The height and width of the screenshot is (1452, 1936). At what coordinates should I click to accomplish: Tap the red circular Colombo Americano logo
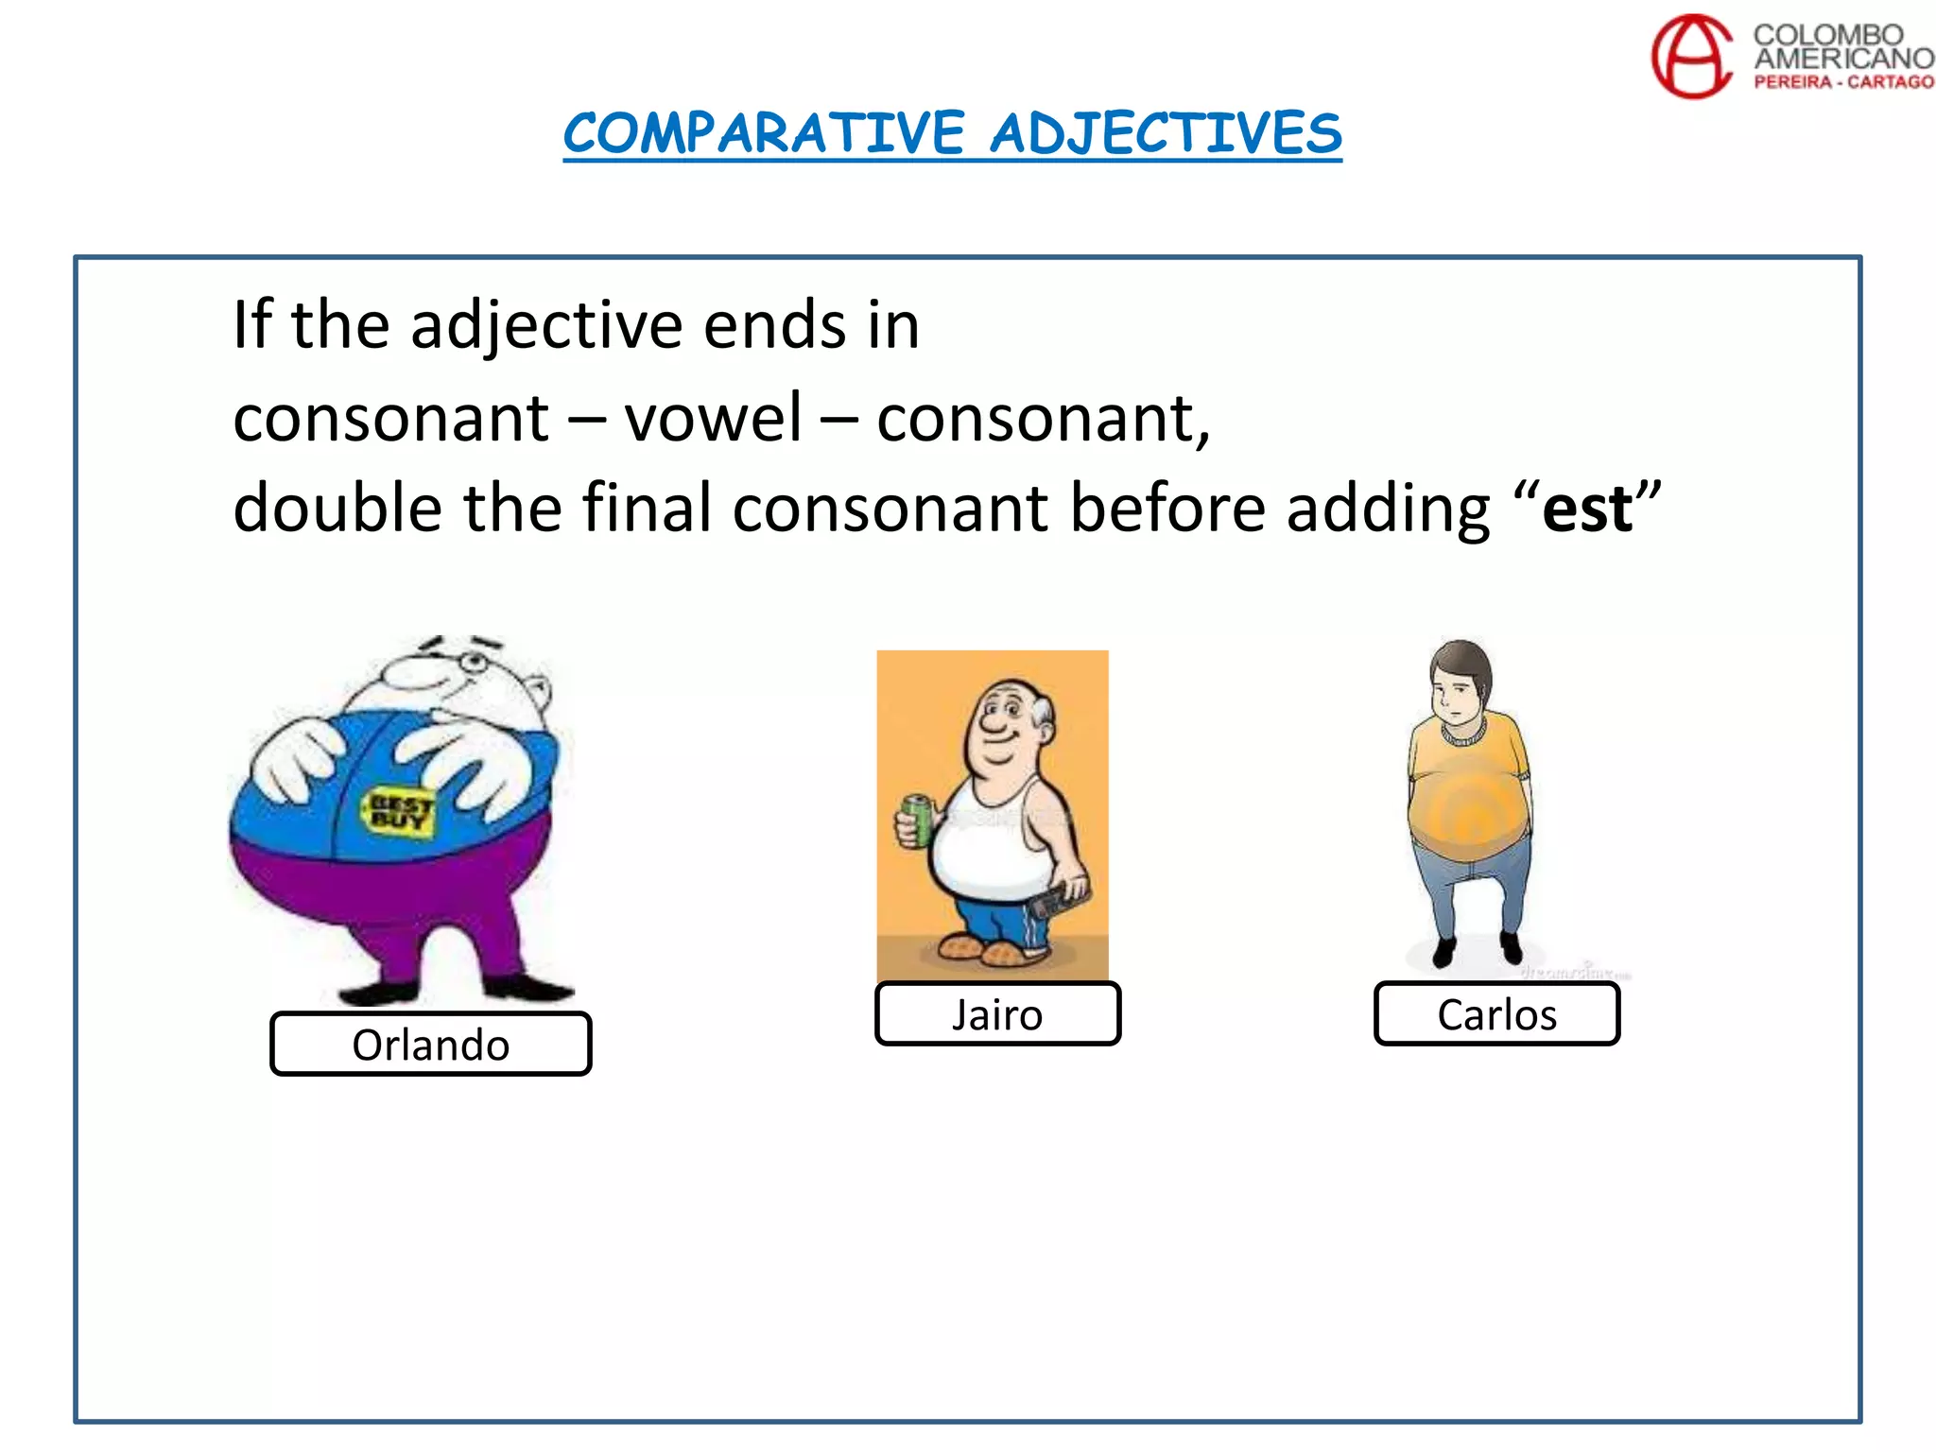(1692, 57)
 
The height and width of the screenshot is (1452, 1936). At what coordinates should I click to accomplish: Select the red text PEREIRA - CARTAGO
(1843, 82)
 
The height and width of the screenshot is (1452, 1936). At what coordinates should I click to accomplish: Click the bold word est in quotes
(1587, 510)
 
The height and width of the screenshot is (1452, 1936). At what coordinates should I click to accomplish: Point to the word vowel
(713, 418)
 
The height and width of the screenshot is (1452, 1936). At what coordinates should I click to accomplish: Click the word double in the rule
(337, 508)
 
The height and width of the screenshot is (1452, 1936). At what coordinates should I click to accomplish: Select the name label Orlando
(431, 1045)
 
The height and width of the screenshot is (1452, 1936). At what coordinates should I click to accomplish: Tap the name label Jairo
(997, 1014)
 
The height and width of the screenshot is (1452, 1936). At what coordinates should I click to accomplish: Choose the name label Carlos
(1496, 1014)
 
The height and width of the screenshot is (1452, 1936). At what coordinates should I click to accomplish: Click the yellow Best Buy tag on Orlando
(398, 811)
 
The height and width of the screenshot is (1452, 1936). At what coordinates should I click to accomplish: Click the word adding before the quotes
(1388, 510)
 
